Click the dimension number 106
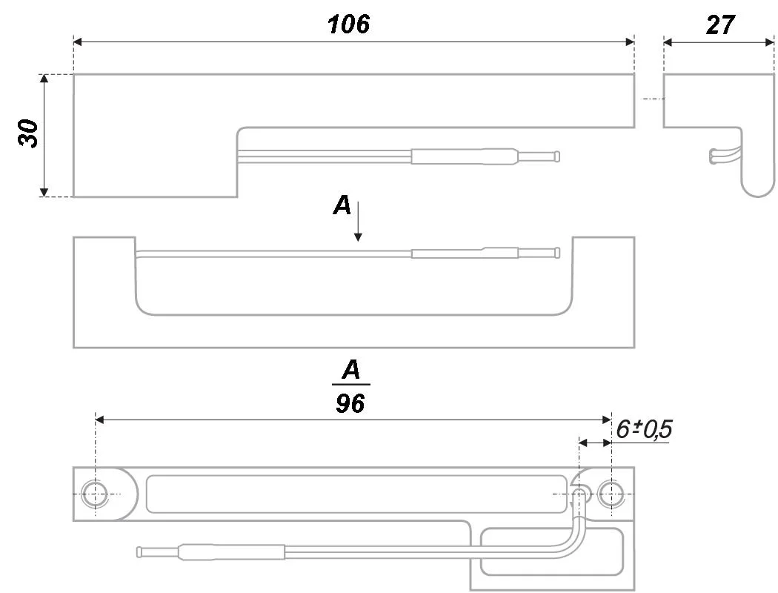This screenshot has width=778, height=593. (x=348, y=24)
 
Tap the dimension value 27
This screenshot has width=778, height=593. (x=720, y=24)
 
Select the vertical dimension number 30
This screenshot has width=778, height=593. (x=29, y=133)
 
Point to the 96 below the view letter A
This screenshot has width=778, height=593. (x=350, y=403)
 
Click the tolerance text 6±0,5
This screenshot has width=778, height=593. (x=644, y=429)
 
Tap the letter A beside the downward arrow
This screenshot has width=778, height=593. (x=342, y=205)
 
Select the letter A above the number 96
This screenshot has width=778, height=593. (x=351, y=370)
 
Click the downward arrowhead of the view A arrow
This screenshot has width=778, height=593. (x=358, y=237)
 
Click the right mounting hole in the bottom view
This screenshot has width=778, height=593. (x=611, y=494)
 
